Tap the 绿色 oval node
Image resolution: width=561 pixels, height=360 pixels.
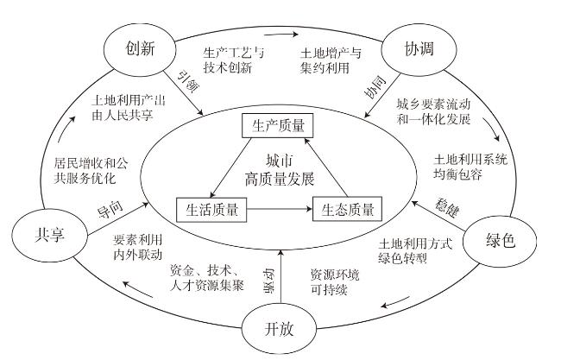coord(501,240)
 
